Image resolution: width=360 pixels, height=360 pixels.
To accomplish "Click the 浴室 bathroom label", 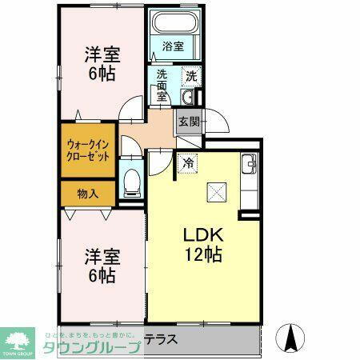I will point(174,46).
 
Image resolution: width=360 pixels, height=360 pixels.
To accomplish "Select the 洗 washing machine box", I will point(191,77).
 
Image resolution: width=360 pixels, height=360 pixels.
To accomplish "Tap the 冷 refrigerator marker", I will point(188,162).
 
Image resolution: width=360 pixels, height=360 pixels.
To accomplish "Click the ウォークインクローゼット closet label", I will point(88,150).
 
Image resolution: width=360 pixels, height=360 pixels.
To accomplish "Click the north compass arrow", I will point(292,336).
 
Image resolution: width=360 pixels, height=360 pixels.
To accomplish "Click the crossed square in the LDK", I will point(216,193).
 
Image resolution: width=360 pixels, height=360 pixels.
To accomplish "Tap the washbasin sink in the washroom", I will point(187,98).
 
